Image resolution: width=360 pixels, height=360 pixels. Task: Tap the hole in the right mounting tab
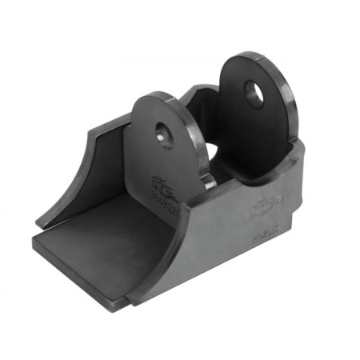click(x=254, y=94)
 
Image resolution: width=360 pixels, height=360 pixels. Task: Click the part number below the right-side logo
click(x=262, y=237)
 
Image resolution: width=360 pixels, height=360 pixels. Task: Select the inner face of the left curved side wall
click(x=84, y=172)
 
